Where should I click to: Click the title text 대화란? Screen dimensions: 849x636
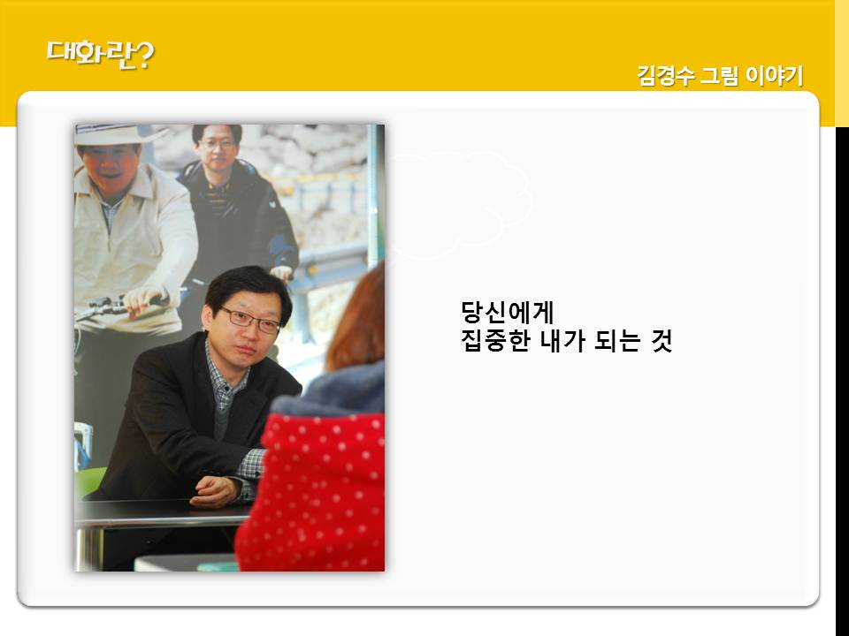tap(101, 55)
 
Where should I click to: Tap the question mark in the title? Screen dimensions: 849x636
tap(143, 55)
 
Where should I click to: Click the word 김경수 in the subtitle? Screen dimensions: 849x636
tap(665, 75)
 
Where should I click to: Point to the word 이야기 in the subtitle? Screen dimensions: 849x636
tap(775, 75)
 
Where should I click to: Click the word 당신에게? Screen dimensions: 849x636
tap(508, 313)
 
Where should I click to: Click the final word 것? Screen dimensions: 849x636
tap(662, 341)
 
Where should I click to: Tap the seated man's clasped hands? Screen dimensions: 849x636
tap(216, 492)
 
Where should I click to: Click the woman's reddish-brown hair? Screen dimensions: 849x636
tap(358, 320)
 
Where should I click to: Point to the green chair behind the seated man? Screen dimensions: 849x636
tap(88, 482)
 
